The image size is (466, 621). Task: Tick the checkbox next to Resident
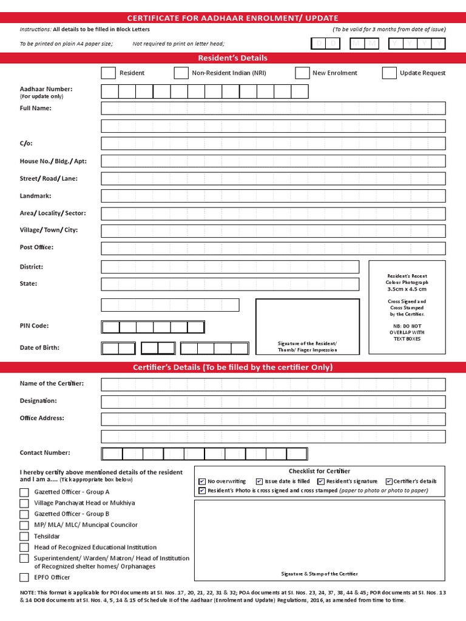tap(108, 73)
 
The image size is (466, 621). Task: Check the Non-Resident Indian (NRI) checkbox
tap(181, 73)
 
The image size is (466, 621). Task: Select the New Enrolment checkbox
tap(302, 73)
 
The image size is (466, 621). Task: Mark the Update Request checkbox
tap(389, 73)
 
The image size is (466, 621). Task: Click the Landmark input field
tap(273, 196)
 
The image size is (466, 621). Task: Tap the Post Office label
tap(36, 247)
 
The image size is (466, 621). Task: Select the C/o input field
tap(273, 144)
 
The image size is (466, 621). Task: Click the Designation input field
tap(273, 401)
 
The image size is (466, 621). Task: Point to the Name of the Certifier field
tap(273, 384)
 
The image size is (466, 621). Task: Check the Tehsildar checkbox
tap(24, 537)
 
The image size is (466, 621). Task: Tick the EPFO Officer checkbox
tap(24, 577)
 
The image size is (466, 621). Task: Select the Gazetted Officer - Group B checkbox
tap(24, 514)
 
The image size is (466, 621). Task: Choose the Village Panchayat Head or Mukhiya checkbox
tap(24, 503)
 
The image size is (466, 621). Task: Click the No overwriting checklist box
tap(202, 482)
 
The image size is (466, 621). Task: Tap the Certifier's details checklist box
tap(389, 482)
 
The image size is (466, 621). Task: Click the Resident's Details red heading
tap(233, 58)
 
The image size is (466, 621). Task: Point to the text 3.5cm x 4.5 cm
tap(407, 289)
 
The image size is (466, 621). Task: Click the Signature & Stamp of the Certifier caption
tap(319, 574)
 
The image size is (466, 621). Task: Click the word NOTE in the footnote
tap(28, 592)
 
